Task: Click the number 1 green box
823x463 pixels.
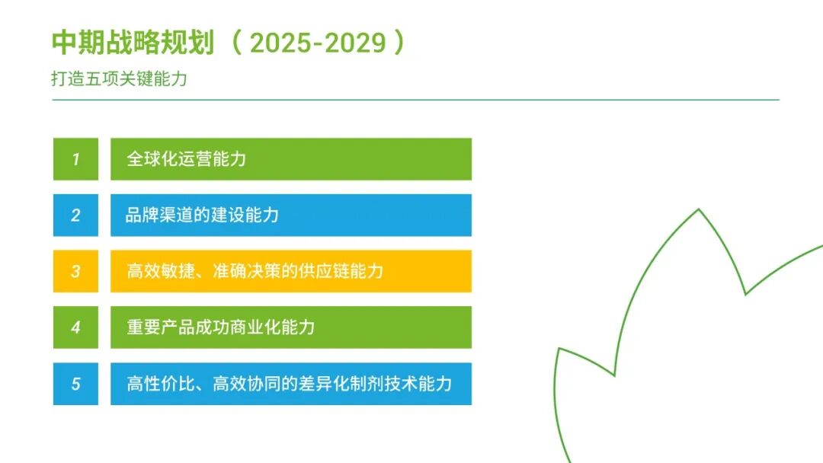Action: (x=75, y=159)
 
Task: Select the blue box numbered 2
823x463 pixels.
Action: (x=75, y=216)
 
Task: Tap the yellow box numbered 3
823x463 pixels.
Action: (x=75, y=271)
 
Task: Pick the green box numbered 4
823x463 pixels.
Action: (x=75, y=327)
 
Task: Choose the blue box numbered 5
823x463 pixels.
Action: (x=75, y=383)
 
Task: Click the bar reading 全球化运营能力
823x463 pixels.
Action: (x=290, y=159)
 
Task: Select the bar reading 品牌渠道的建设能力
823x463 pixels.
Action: (x=290, y=216)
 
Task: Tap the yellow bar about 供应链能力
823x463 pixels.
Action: (x=290, y=271)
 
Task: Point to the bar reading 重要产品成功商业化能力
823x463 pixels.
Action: (x=290, y=327)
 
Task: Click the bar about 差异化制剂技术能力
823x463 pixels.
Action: (x=290, y=383)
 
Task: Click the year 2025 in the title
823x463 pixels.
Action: (x=280, y=43)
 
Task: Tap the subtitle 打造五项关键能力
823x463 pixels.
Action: (x=120, y=79)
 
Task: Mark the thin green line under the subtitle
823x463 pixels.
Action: (x=415, y=100)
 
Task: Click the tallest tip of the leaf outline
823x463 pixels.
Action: (x=699, y=209)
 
